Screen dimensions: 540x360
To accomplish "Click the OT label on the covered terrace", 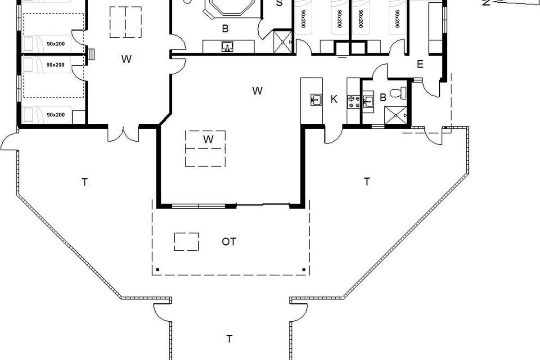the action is pos(229,242).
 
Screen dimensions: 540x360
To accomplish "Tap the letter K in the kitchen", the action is pos(333,99).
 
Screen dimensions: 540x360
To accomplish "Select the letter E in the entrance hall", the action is pos(420,64).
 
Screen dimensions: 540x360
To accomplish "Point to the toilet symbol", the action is pos(398,93).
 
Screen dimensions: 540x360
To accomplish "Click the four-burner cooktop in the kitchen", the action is pos(354,102).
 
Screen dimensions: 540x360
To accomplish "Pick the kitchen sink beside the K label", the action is pos(316,100).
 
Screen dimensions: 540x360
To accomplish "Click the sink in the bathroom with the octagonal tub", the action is pos(227,46).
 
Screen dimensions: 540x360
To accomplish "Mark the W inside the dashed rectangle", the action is pos(208,139).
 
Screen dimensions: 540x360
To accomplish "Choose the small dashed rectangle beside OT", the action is pos(186,242).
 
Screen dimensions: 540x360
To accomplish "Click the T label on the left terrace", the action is pos(85,182).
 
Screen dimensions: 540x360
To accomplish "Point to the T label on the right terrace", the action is pos(367,181).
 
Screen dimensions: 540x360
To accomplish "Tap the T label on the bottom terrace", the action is pos(229,339).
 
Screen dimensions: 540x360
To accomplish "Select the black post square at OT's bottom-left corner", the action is pos(157,270).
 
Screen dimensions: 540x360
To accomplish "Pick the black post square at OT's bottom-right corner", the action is pos(304,270).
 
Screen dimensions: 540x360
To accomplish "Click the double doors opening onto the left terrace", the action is pos(123,134).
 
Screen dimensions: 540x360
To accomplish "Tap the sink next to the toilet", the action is pos(368,101).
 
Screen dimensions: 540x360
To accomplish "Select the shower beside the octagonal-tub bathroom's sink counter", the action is pos(283,41).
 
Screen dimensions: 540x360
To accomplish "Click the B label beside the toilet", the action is pos(383,97).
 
